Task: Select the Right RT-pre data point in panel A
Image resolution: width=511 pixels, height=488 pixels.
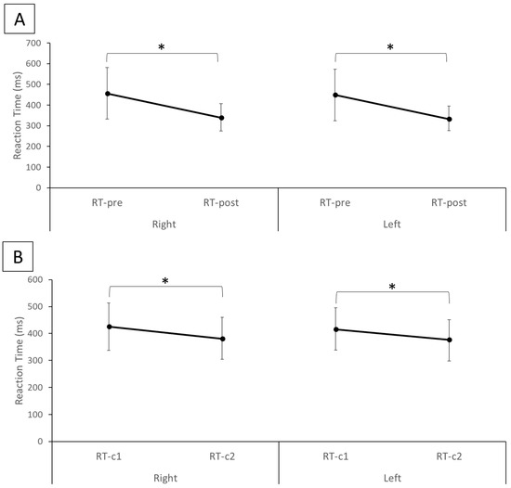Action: pyautogui.click(x=108, y=94)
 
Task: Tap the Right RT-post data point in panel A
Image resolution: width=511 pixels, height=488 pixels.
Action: pyautogui.click(x=220, y=118)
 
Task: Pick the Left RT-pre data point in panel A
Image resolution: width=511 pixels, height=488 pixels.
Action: pyautogui.click(x=334, y=95)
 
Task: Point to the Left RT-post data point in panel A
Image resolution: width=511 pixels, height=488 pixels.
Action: pyautogui.click(x=448, y=119)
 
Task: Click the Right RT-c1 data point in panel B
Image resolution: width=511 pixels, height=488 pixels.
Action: pyautogui.click(x=110, y=327)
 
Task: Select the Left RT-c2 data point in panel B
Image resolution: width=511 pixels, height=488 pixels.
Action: pyautogui.click(x=449, y=340)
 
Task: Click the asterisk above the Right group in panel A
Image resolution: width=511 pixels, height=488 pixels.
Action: pyautogui.click(x=164, y=45)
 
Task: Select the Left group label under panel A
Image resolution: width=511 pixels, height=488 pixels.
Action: pyautogui.click(x=391, y=224)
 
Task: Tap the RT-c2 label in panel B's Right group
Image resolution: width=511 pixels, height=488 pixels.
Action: pyautogui.click(x=221, y=456)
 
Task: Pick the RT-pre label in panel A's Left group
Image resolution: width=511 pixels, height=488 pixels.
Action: pyautogui.click(x=334, y=201)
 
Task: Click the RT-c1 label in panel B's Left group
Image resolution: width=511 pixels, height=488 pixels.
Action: pyautogui.click(x=334, y=456)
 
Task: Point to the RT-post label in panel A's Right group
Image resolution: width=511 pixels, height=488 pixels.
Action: pyautogui.click(x=220, y=201)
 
